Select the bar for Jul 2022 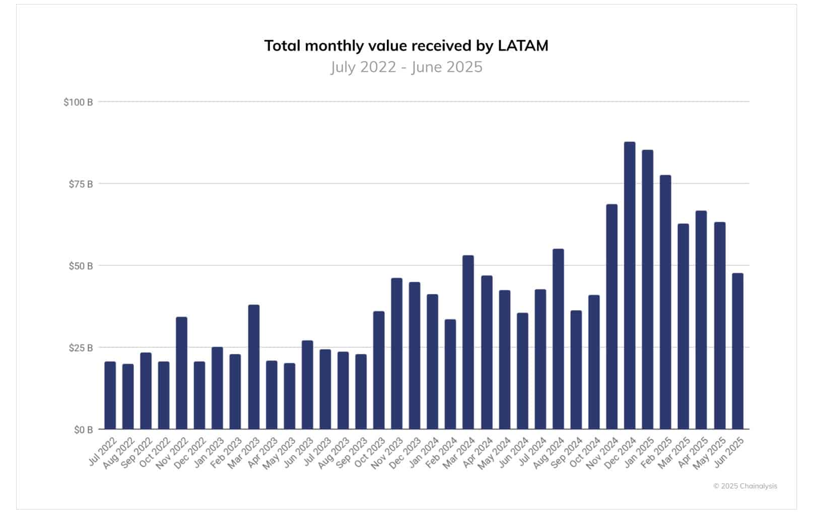click(110, 395)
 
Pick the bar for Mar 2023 click(254, 367)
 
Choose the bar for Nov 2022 click(181, 373)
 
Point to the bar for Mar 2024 click(468, 342)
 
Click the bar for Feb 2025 click(665, 302)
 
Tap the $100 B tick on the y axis click(78, 102)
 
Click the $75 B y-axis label click(81, 184)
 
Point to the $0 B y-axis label click(83, 430)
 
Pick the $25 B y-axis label click(81, 348)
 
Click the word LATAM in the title click(522, 46)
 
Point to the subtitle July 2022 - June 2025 click(406, 67)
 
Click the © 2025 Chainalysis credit click(744, 486)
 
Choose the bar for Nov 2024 click(612, 317)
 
